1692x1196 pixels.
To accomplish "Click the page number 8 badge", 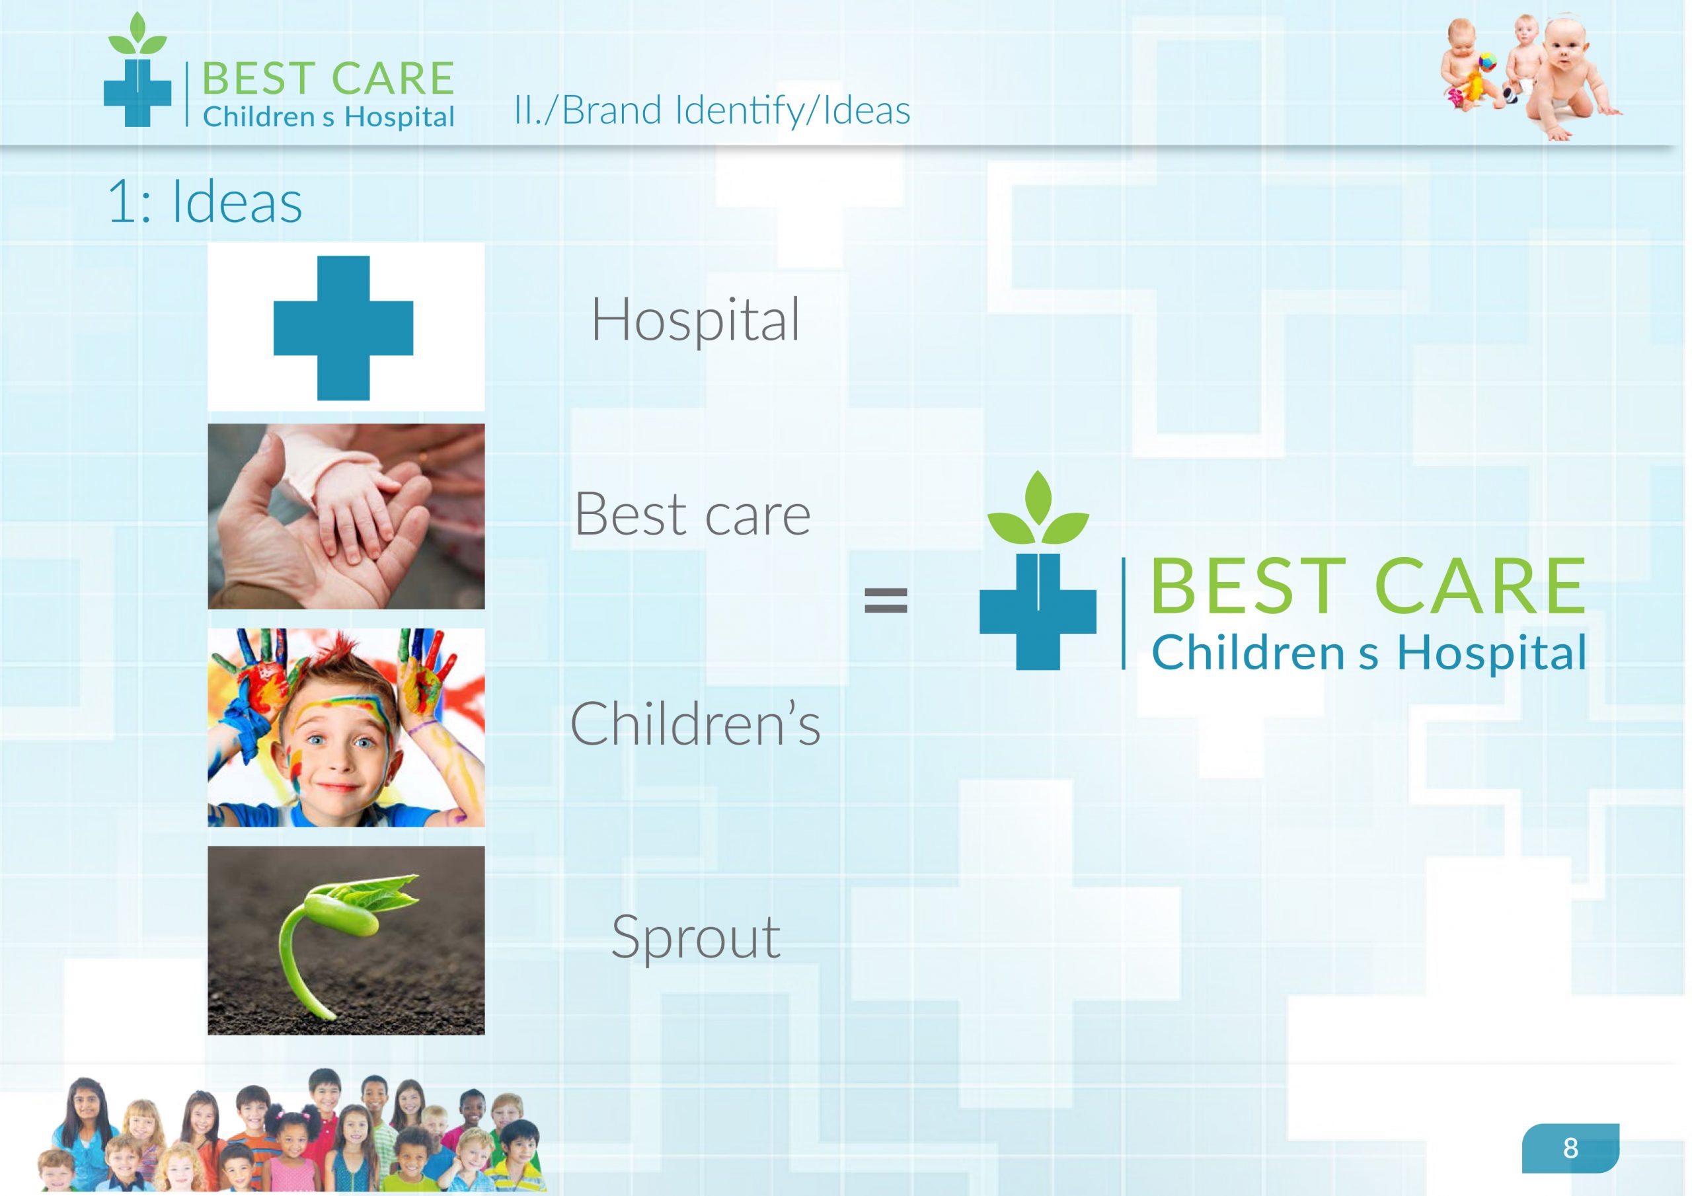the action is coord(1570,1147).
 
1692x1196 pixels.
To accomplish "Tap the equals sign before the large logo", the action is coord(885,601).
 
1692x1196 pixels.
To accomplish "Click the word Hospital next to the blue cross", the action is coord(696,320).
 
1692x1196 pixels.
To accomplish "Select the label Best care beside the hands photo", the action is coord(693,513).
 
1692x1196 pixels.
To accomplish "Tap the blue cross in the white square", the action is coord(344,328).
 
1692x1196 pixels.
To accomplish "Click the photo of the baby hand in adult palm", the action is coord(346,516).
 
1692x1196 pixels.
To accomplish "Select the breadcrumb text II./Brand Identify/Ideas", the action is coord(712,110).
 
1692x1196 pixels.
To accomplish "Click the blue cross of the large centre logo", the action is coord(1038,611).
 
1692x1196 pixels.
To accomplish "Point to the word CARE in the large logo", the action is coord(1480,586).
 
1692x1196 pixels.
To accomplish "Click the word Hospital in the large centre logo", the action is coord(1492,653).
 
